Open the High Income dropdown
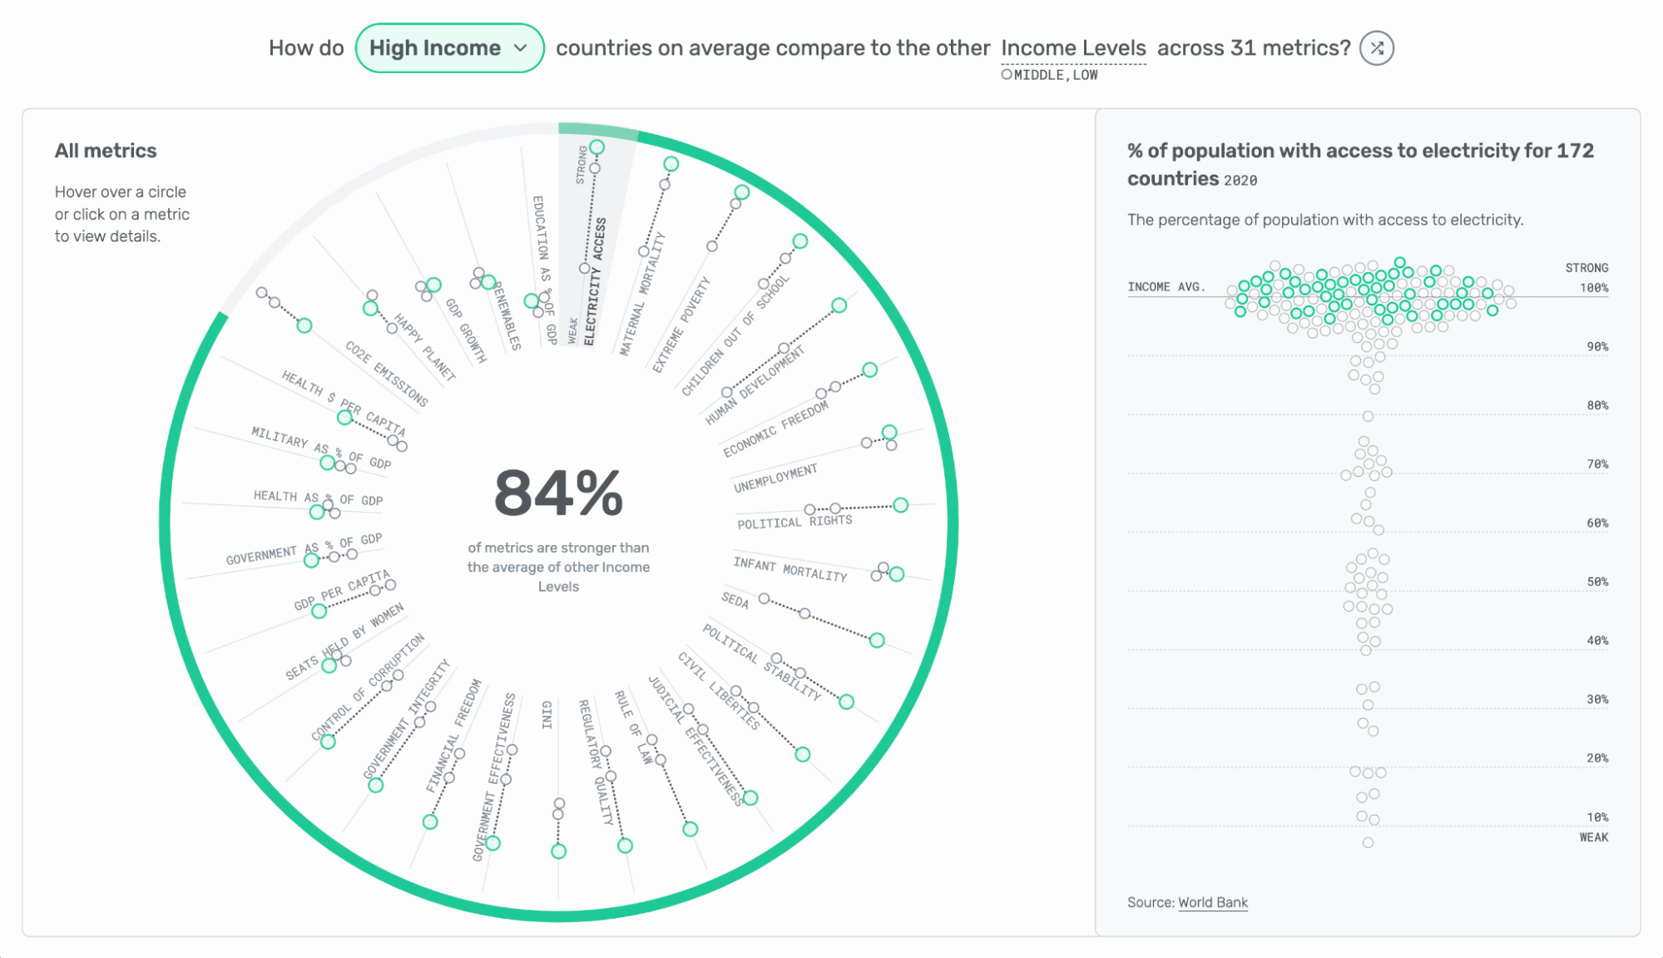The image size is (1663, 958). point(449,48)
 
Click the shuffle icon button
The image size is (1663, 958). point(1377,48)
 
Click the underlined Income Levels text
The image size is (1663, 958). point(1073,48)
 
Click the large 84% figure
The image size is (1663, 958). point(558,494)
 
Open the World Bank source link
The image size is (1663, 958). point(1213,902)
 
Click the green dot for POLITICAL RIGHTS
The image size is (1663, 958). point(900,505)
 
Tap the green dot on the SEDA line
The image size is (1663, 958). point(877,640)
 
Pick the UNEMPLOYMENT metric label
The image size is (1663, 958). point(775,479)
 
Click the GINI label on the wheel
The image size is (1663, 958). point(547,715)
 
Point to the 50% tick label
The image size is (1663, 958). point(1596,582)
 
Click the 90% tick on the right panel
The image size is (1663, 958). point(1596,347)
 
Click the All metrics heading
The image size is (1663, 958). point(106,151)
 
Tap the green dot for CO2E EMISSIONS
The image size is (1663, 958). point(304,325)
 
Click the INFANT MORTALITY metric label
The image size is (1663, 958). point(789,569)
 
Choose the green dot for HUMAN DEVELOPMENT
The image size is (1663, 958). point(839,305)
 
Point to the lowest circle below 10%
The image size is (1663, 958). point(1368,842)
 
